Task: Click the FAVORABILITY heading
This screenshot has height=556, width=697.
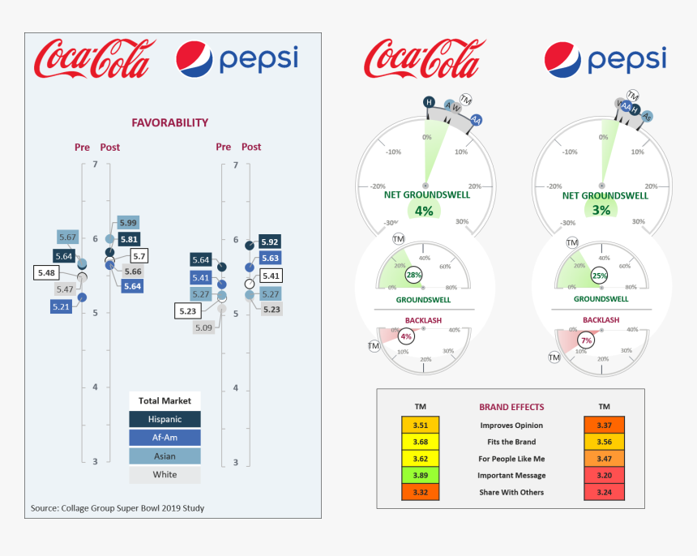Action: point(170,123)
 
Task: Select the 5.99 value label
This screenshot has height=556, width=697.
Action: point(127,223)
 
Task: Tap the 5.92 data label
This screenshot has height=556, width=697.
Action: point(270,242)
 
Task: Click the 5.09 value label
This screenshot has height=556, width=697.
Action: point(205,327)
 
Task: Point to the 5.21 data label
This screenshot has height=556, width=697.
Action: point(62,306)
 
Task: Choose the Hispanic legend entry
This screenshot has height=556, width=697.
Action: point(165,419)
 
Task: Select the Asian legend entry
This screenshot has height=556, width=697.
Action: point(165,456)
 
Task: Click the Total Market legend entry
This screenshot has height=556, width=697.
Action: point(165,400)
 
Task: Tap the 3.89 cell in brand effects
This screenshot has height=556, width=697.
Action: point(420,476)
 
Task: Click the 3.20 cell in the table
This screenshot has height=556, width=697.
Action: point(604,476)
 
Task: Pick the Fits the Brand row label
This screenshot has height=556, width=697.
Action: point(511,443)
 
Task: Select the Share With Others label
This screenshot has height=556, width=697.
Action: point(511,493)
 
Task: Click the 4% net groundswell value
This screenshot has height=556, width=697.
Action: point(424,211)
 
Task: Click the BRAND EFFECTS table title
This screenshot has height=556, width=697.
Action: point(511,407)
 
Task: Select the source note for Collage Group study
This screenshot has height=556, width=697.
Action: point(118,508)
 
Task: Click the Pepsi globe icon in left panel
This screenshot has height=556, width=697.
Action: point(195,61)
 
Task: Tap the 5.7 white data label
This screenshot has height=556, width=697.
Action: point(139,256)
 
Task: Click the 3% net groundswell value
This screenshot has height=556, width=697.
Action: point(601,211)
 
